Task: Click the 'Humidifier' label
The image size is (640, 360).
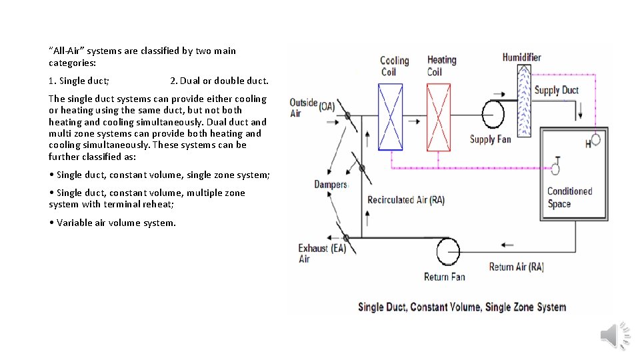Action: click(521, 57)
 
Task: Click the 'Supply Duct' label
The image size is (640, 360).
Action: click(557, 90)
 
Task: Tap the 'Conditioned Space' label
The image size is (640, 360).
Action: click(569, 197)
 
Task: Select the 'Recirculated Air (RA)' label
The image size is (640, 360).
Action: click(405, 199)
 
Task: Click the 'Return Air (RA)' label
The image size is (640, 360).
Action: click(516, 267)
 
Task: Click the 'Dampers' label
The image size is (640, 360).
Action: click(331, 184)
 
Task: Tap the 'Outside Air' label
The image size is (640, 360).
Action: click(303, 108)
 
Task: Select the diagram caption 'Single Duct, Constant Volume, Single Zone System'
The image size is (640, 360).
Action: click(461, 307)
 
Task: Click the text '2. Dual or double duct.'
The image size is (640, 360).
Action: click(219, 81)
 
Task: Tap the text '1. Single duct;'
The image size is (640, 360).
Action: click(79, 81)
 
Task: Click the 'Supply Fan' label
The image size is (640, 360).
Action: click(490, 139)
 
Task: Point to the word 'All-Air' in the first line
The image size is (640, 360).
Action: click(67, 51)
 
